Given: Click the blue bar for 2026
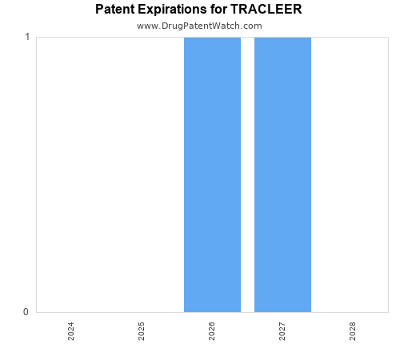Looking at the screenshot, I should coord(212,174).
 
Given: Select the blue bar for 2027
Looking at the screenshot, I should coord(282,174).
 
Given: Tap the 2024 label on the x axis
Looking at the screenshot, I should coord(71,331).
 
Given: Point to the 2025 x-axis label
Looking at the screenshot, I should coord(142,331).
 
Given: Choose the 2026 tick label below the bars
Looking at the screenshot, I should coord(212,331).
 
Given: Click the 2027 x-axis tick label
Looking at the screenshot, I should coord(282,331).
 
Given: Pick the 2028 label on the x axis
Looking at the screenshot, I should coord(353,331).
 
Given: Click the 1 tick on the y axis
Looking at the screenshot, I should coord(27,38).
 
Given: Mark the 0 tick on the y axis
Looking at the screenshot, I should coord(27,312).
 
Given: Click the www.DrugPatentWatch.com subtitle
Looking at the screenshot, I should coord(199,26).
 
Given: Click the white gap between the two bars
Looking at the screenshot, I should coord(247,174).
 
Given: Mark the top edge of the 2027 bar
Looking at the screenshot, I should coord(282,38).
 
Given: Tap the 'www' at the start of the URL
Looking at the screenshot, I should coord(146,26).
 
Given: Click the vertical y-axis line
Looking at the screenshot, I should coord(36,174).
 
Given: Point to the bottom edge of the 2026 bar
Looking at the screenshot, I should coord(212,311).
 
